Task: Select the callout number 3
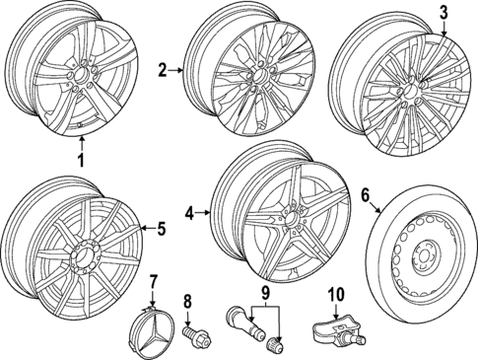pos(443,13)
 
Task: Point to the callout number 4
pos(189,211)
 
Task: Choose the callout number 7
pos(153,285)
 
